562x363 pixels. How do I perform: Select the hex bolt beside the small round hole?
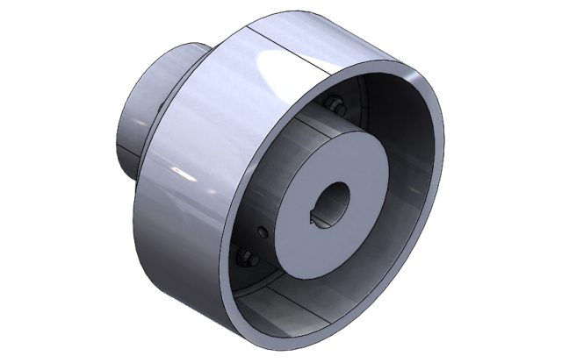pos(247,259)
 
